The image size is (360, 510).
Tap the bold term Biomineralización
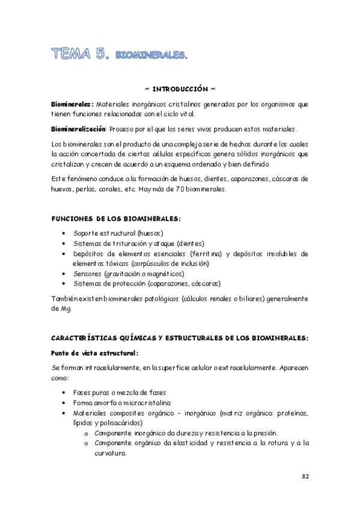[x=78, y=129]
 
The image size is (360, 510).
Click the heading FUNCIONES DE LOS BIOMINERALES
[x=116, y=218]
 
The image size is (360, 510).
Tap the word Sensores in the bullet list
[x=87, y=274]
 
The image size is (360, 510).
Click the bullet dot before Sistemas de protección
[x=64, y=284]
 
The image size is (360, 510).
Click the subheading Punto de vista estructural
[x=94, y=353]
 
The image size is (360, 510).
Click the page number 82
[x=305, y=476]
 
